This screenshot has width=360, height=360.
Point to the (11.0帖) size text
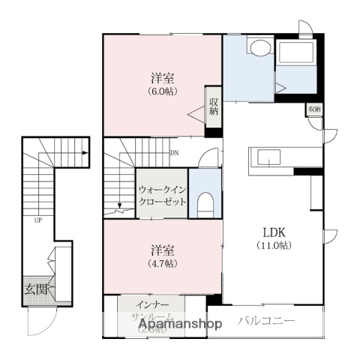pyautogui.click(x=275, y=245)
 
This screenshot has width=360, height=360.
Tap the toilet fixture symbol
pyautogui.click(x=203, y=202)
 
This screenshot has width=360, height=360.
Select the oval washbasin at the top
pyautogui.click(x=259, y=49)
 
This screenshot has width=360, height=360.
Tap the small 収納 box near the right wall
pyautogui.click(x=313, y=109)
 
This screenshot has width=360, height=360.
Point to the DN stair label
pyautogui.click(x=174, y=154)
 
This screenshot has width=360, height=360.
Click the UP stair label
pyautogui.click(x=36, y=220)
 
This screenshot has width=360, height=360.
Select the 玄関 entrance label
pyautogui.click(x=33, y=289)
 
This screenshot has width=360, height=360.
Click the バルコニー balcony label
pyautogui.click(x=268, y=322)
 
